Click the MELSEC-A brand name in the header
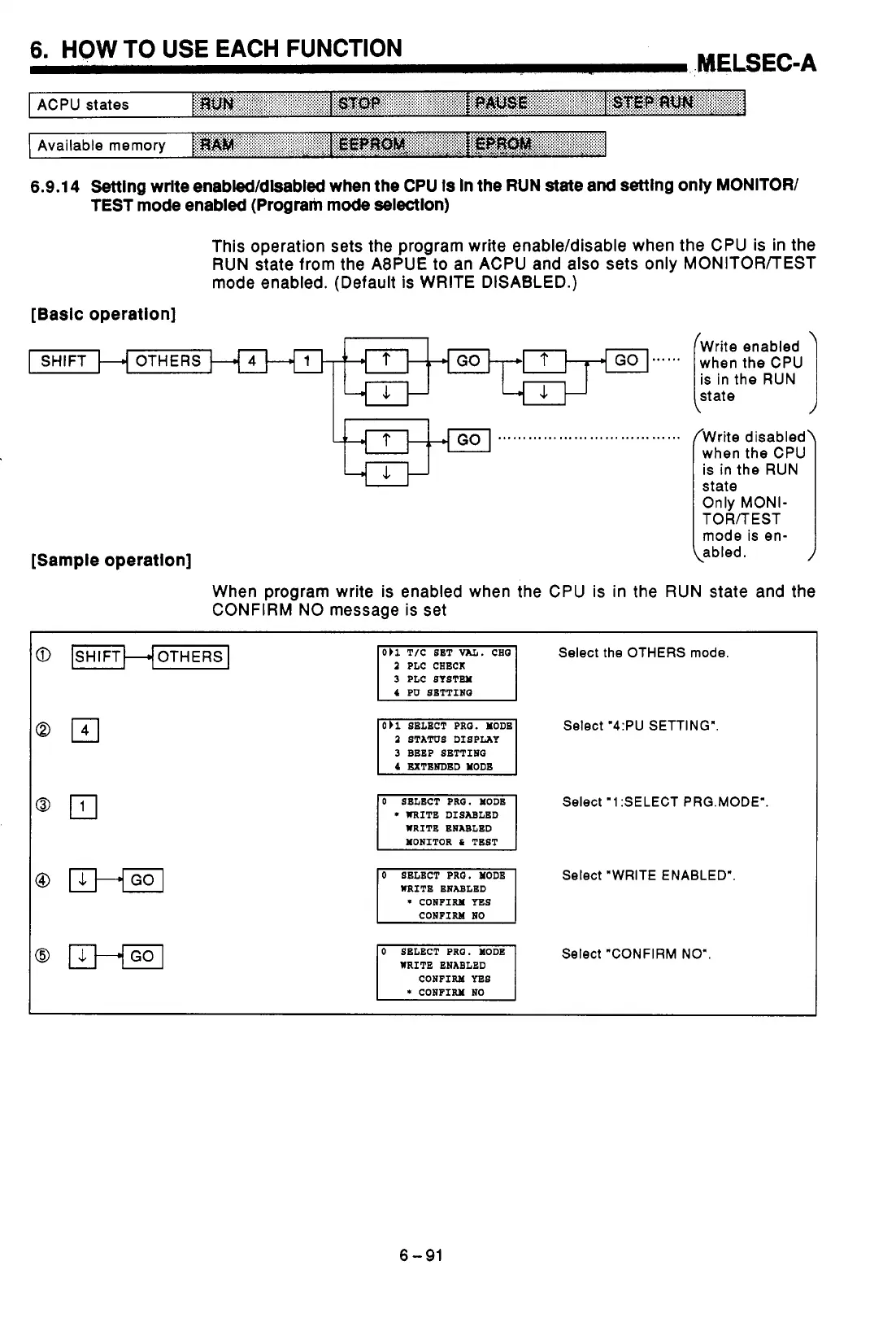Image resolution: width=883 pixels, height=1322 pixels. pos(756,63)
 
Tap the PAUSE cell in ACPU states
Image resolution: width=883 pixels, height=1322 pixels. pos(537,104)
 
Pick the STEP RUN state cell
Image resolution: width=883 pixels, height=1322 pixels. pos(675,104)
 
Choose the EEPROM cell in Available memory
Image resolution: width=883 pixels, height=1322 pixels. pos(399,145)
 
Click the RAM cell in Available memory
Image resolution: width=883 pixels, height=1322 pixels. pos(262,145)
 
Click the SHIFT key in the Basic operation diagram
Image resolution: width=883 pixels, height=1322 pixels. pos(63,360)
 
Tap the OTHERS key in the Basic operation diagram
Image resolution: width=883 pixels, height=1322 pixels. pos(168,360)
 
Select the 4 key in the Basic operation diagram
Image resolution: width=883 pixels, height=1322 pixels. pos(252,360)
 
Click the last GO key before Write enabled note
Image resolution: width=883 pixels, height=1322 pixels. pos(626,360)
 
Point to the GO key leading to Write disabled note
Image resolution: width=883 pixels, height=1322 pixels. pos(468,440)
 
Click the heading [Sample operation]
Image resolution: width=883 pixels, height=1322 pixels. pos(111,561)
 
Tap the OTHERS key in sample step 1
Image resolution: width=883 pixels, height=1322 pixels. pos(190,657)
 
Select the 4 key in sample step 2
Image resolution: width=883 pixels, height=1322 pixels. pos(85,731)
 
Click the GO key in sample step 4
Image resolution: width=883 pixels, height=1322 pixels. pos(142,880)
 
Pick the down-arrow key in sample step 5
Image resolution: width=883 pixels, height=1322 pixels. pos(82,956)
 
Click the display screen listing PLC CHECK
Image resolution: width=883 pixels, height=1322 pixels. pos(446,673)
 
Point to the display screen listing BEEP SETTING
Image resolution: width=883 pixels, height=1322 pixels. pos(446,747)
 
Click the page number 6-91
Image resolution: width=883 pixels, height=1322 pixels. pos(421,1255)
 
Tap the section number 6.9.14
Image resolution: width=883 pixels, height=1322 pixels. pos(55,187)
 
